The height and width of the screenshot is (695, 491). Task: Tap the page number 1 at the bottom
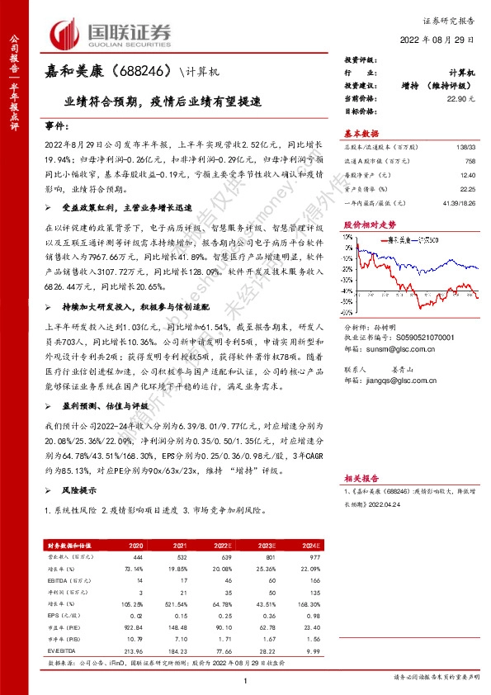pos(246,681)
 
